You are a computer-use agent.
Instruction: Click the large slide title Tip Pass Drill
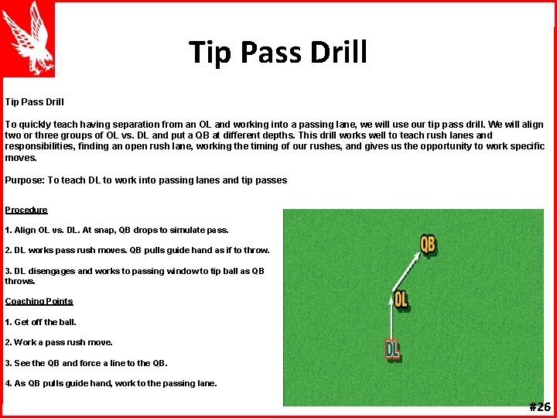pos(278,53)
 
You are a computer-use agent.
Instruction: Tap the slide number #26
pos(539,407)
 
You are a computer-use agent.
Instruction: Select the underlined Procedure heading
pos(26,210)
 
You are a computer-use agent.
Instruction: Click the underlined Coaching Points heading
pos(39,301)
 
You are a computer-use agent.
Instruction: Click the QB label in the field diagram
pos(427,245)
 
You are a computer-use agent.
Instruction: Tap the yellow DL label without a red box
pos(401,299)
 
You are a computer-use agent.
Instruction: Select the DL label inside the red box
pos(393,350)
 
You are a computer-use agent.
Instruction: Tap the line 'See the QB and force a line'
pos(86,363)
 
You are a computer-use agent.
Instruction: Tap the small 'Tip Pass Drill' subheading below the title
pos(34,101)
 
